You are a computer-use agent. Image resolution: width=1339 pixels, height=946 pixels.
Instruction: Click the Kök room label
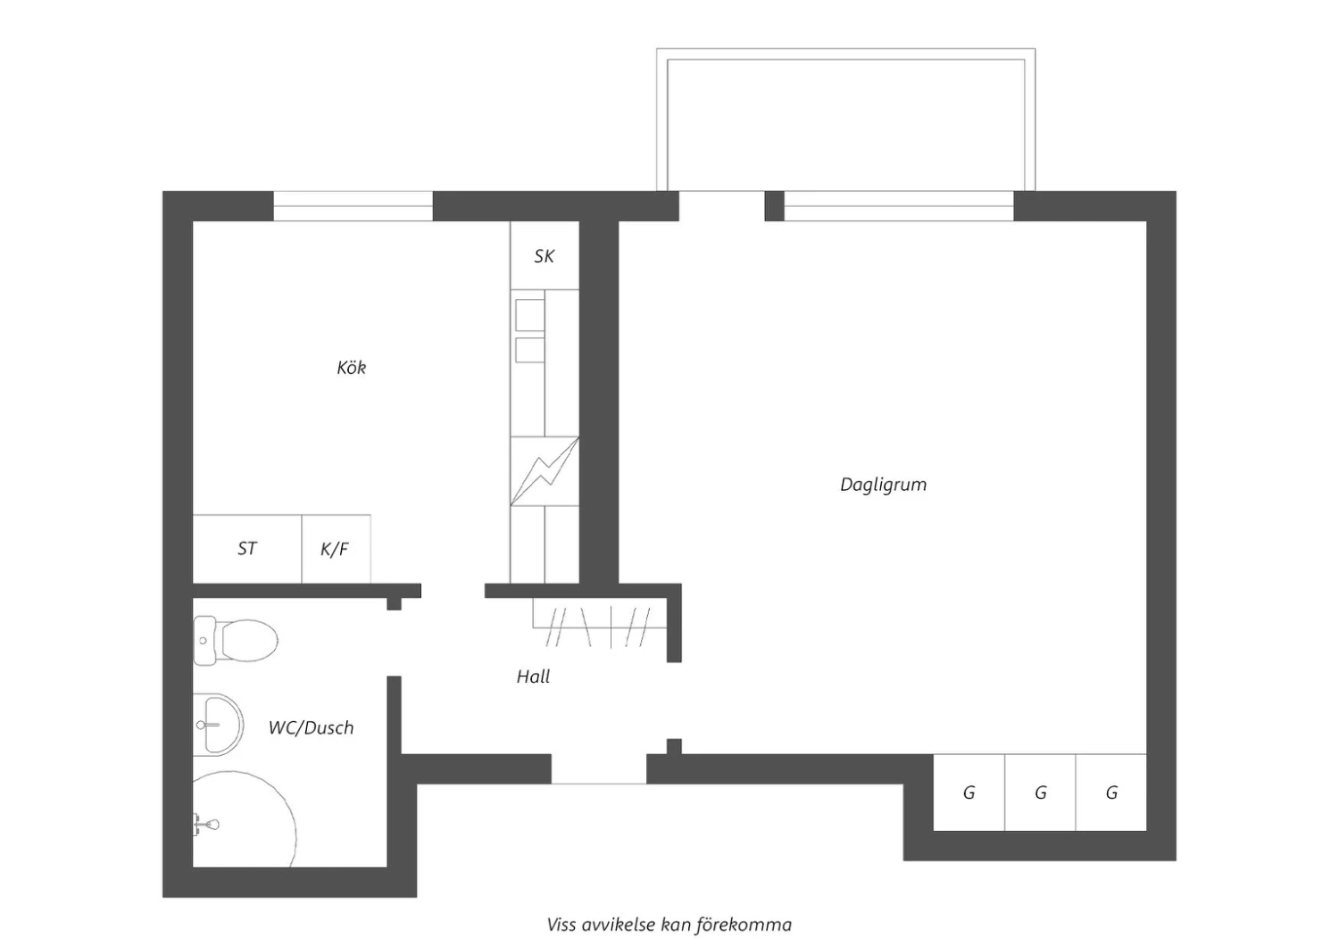(352, 367)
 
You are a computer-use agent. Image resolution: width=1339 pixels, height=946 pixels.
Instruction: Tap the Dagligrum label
(884, 485)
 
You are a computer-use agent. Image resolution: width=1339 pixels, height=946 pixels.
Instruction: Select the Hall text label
(533, 676)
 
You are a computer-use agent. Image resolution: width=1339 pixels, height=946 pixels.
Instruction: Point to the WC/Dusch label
(311, 727)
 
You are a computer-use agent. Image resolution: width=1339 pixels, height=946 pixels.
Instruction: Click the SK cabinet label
(544, 256)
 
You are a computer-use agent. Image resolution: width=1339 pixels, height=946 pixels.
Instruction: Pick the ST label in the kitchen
(247, 549)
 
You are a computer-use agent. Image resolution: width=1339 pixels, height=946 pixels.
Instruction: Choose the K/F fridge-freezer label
(334, 549)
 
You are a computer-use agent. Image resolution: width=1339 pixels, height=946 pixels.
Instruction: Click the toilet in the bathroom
(236, 641)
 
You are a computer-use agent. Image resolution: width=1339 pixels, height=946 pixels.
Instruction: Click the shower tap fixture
(206, 825)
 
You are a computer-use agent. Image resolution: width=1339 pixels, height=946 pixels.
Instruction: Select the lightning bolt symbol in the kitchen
(545, 471)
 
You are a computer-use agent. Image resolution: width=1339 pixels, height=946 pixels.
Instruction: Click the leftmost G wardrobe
(969, 792)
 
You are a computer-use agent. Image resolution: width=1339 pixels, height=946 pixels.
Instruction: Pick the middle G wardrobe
(1040, 792)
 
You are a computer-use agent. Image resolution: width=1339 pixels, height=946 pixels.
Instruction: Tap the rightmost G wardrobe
(1111, 792)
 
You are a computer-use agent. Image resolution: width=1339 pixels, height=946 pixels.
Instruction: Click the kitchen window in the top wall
(353, 206)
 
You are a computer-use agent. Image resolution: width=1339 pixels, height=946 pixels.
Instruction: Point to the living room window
(899, 206)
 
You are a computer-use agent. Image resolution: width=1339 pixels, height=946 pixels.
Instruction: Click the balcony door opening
(722, 206)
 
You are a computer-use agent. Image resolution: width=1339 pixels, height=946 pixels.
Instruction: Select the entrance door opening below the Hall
(599, 769)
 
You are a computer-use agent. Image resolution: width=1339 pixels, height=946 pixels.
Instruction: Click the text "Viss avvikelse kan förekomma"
(669, 925)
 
